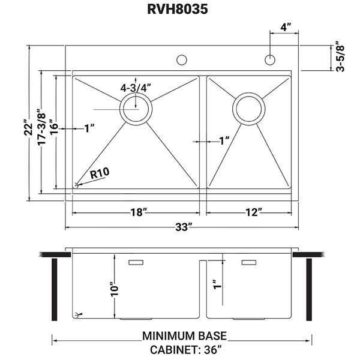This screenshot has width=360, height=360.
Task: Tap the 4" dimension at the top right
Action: (x=285, y=27)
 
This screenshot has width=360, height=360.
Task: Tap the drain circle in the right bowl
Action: (x=249, y=109)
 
